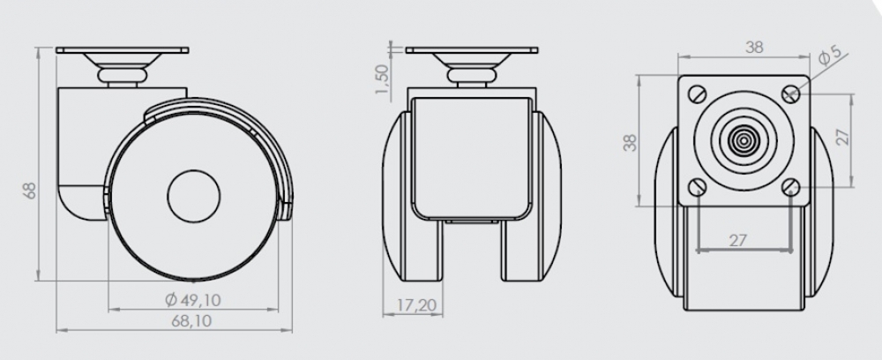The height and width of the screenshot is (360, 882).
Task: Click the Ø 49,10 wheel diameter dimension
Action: (x=193, y=300)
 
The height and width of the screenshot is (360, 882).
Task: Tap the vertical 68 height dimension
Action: (x=30, y=190)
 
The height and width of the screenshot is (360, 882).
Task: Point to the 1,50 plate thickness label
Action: (x=382, y=79)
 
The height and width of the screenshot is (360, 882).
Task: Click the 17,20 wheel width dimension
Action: (x=416, y=305)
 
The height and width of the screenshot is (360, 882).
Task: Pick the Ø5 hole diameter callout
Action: (x=829, y=56)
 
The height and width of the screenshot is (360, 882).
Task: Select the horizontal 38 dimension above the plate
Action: (x=754, y=48)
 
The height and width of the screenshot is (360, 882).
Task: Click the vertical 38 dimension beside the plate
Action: (x=631, y=142)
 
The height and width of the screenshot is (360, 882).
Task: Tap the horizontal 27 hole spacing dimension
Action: (x=737, y=240)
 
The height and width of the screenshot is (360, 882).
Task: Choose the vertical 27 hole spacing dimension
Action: (x=841, y=137)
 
